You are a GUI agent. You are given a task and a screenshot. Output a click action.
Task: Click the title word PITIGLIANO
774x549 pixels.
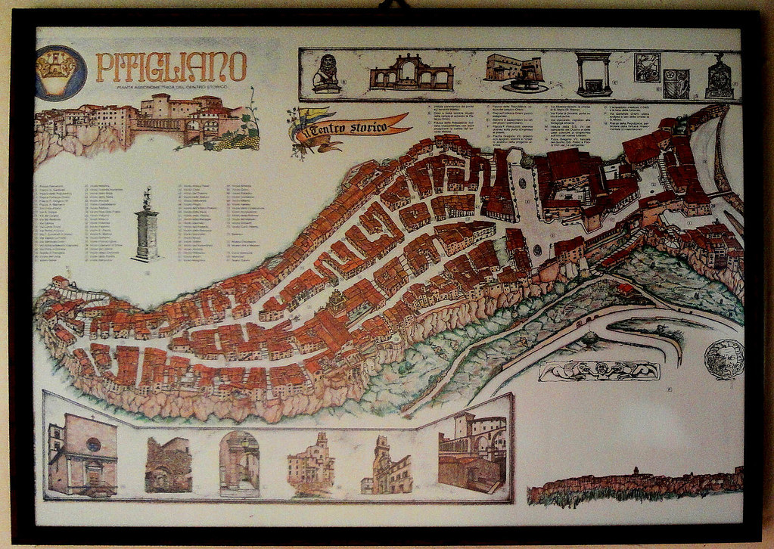pyautogui.click(x=172, y=67)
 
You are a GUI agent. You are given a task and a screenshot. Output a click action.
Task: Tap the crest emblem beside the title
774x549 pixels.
pyautogui.click(x=61, y=73)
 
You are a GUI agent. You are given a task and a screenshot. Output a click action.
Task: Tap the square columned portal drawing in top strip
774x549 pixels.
pyautogui.click(x=594, y=73)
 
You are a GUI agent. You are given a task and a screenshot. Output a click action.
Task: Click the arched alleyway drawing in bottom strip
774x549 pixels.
pyautogui.click(x=239, y=463)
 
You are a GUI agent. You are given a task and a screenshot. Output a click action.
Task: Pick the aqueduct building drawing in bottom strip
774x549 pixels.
pyautogui.click(x=473, y=452)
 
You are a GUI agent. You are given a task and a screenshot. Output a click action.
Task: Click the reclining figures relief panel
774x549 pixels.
pyautogui.click(x=598, y=371)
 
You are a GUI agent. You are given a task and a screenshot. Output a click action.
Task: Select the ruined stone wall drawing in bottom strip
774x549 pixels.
pyautogui.click(x=168, y=465)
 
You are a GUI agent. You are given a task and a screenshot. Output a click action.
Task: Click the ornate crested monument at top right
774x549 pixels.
pyautogui.click(x=718, y=76)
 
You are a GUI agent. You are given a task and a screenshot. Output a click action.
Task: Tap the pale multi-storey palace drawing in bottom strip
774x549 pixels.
pyautogui.click(x=312, y=463)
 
